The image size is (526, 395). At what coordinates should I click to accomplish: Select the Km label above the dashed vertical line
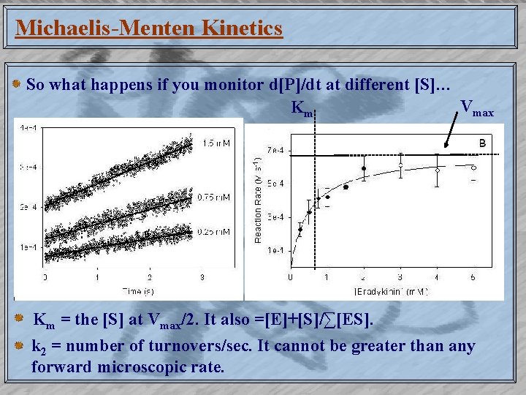coord(302,109)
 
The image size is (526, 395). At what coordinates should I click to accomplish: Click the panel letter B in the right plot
coord(482,144)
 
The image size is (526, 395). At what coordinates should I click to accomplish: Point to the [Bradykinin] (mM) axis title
coord(391,291)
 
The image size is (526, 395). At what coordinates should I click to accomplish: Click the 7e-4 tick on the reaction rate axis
coord(275,150)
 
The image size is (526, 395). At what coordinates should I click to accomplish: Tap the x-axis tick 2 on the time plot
coord(150,278)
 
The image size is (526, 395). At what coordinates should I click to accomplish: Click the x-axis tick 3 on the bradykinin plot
coord(400,278)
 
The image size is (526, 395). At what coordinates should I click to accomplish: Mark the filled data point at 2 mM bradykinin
coord(364,169)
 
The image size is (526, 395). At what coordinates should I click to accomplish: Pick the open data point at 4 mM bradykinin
coord(437,170)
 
